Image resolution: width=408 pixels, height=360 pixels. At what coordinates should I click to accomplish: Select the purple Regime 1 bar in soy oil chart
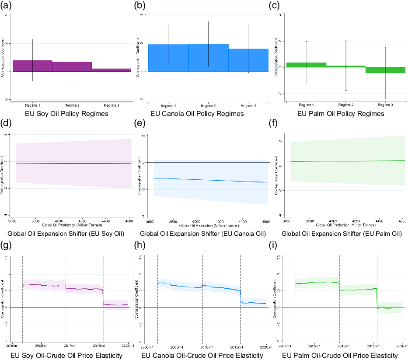click(x=32, y=66)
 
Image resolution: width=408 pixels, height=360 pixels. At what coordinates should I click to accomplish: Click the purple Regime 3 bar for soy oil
click(x=112, y=70)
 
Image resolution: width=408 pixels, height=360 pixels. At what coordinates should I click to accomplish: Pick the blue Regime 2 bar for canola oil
click(x=209, y=57)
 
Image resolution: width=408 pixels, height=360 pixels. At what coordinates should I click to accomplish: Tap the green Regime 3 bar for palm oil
click(x=385, y=70)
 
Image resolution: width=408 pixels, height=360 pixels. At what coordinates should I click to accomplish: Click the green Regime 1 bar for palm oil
click(x=306, y=65)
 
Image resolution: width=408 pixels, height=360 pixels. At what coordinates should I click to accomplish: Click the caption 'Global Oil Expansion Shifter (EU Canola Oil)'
click(x=203, y=234)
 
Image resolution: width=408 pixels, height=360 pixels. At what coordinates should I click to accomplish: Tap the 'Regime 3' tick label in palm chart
click(x=385, y=105)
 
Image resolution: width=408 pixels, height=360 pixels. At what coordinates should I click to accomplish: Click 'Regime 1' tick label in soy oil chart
click(x=33, y=105)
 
